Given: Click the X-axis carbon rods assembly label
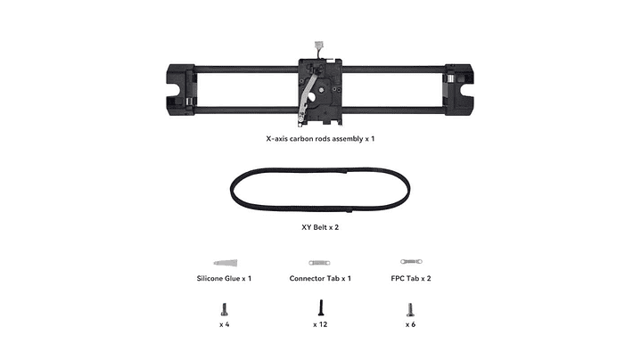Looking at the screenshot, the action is [x=320, y=139].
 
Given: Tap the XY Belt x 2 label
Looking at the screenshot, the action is [x=320, y=227].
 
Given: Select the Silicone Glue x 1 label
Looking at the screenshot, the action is [x=224, y=279].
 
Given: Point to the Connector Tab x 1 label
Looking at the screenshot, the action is [x=320, y=279].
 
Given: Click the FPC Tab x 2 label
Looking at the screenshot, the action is [x=411, y=279].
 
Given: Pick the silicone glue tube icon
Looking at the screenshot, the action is [x=226, y=263].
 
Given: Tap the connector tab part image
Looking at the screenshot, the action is [x=319, y=263].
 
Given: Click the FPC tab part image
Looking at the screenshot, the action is [x=411, y=261].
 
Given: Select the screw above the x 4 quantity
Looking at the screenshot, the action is [x=224, y=309].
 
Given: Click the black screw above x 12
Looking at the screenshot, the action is [x=321, y=307].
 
